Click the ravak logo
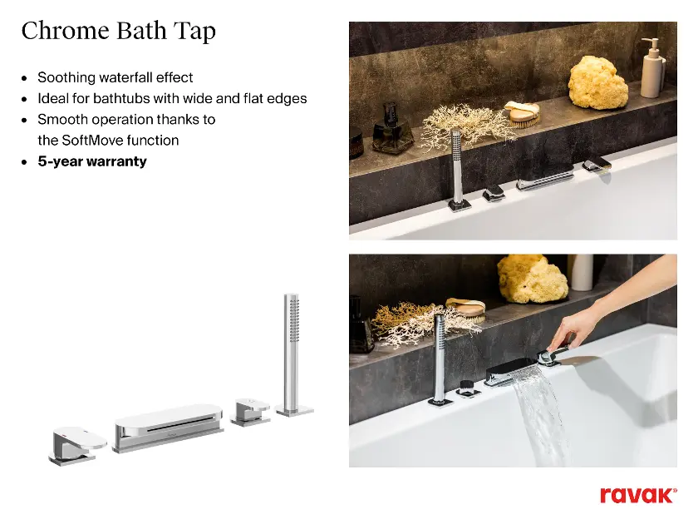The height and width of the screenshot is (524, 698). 638,496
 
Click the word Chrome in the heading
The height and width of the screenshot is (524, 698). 66,31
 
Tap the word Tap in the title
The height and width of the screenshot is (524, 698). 194,32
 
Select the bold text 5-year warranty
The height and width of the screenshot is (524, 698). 92,161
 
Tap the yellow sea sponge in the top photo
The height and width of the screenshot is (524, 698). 597,84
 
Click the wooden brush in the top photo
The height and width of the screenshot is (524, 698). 523,113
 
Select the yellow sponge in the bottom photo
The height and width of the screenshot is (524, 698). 532,279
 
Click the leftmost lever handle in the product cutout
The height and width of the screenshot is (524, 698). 76,447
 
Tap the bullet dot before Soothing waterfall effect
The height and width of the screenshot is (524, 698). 24,78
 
